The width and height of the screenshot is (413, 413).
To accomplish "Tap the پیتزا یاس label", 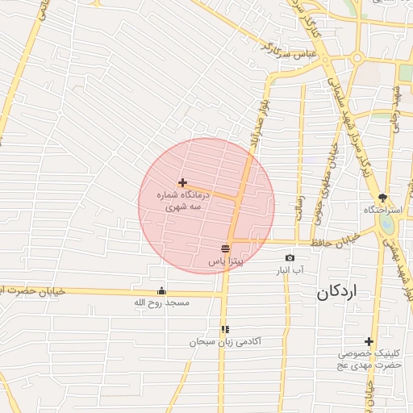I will [227, 261].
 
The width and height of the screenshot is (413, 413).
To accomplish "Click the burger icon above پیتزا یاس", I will [225, 248].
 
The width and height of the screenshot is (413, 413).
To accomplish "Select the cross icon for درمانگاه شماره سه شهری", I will [183, 183].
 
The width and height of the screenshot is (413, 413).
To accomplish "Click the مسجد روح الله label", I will [161, 303].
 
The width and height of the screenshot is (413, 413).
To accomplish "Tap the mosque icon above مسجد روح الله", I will [161, 291].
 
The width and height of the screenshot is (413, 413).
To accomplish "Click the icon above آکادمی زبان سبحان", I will [225, 329].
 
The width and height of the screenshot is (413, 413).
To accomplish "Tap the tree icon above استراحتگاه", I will [382, 198].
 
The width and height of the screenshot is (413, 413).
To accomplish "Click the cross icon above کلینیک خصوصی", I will [369, 341].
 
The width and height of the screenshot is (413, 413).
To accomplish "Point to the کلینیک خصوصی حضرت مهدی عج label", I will [369, 359].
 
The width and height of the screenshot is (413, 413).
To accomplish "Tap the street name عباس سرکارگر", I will [282, 51].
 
